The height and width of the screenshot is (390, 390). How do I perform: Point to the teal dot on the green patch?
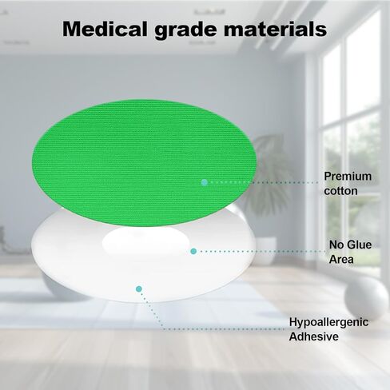tap(205, 182)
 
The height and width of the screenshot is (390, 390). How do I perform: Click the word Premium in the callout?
tap(344, 176)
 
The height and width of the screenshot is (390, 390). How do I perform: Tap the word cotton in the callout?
tap(340, 191)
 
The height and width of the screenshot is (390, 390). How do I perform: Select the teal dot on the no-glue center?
tap(193, 251)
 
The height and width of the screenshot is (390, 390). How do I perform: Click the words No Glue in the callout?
tap(349, 245)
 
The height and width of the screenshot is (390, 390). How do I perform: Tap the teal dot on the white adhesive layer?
tap(139, 288)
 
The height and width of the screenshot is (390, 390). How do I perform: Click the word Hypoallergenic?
tap(329, 322)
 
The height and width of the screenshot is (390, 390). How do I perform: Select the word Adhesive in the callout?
tap(313, 337)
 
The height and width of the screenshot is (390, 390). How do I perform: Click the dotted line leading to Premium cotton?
tap(264, 182)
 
